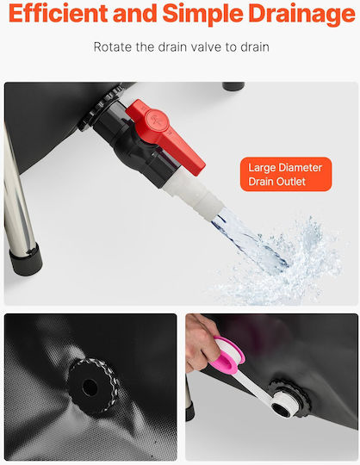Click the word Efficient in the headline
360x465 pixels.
[58, 13]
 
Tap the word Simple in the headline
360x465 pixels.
[203, 15]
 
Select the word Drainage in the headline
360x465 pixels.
[302, 15]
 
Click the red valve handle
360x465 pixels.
[164, 135]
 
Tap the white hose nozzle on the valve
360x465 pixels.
[193, 195]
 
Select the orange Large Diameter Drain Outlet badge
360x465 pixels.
[286, 174]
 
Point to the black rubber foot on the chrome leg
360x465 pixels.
[26, 258]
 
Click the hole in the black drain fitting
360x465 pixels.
[90, 387]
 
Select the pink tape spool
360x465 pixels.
[227, 356]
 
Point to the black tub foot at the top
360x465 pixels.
[233, 86]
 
